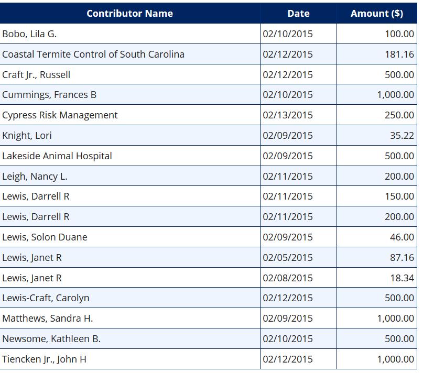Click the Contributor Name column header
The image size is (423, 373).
(130, 14)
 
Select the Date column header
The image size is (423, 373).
(298, 14)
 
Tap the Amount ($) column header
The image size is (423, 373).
(376, 14)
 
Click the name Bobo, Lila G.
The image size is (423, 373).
(29, 34)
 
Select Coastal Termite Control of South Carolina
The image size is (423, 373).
(93, 54)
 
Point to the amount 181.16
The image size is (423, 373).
(399, 54)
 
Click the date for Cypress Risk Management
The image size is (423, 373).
(288, 115)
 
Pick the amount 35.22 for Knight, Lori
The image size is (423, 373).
(402, 135)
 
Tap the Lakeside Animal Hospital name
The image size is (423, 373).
(57, 156)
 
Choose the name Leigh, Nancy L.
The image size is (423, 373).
(35, 177)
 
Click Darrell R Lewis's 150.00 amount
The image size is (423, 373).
(399, 196)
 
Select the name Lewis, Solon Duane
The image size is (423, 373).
(45, 237)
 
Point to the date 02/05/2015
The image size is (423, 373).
(288, 258)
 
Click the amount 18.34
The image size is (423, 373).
(402, 278)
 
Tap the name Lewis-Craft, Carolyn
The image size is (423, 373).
(46, 298)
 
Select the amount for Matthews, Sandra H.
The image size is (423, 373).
(396, 319)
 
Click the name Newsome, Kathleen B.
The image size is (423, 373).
(51, 339)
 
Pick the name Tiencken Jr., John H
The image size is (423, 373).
(44, 359)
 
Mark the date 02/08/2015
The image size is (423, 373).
(288, 278)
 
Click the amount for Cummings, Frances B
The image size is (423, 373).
(396, 95)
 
